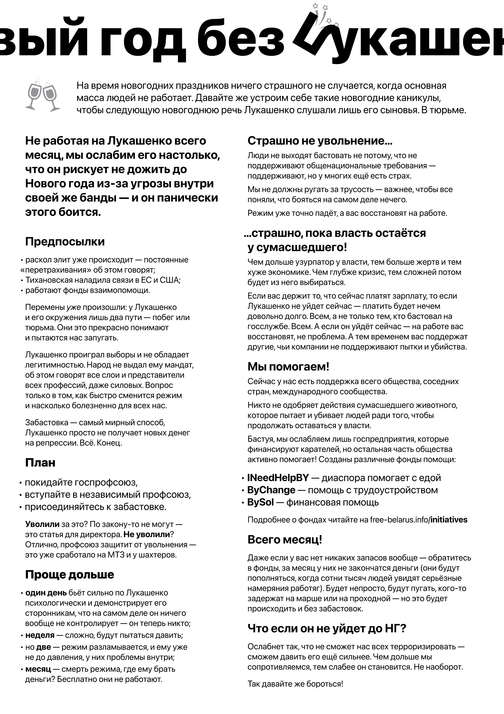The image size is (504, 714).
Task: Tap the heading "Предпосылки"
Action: click(65, 242)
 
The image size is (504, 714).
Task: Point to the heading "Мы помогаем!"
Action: click(288, 367)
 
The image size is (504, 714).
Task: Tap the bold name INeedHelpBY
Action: click(278, 478)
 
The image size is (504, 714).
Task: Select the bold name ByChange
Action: click(271, 490)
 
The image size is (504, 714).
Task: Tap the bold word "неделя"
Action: click(40, 635)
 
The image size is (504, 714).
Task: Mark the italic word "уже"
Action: click(74, 307)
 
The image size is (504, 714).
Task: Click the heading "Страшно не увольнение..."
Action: click(320, 141)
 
